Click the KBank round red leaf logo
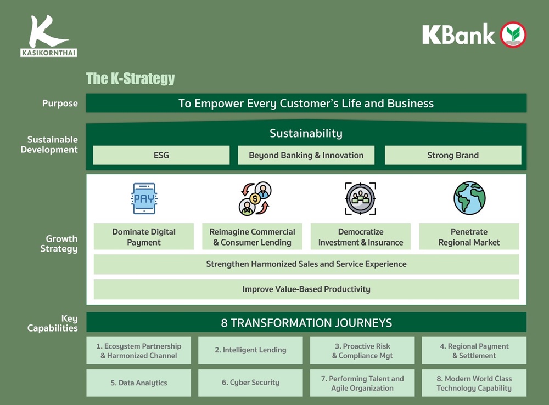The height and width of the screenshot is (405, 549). [513, 35]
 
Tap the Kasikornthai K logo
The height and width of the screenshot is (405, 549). [48, 36]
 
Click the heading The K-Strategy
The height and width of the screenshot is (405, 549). [130, 78]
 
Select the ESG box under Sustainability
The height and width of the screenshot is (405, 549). [161, 155]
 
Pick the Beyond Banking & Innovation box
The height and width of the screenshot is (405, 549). [306, 155]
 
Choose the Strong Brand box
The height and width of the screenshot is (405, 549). [453, 155]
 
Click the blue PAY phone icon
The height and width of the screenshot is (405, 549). [144, 198]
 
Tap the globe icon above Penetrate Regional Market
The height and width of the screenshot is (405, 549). [469, 198]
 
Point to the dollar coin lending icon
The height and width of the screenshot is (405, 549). [255, 198]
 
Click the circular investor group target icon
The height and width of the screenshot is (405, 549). [361, 198]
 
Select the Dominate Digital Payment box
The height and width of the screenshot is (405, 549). [144, 237]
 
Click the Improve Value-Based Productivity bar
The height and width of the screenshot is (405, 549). [306, 289]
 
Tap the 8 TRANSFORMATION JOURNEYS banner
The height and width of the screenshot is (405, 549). [306, 322]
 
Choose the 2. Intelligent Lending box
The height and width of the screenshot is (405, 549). [250, 350]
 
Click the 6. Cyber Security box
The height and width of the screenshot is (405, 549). [250, 383]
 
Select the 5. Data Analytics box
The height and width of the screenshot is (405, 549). [139, 383]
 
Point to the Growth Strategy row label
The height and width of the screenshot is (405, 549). [59, 243]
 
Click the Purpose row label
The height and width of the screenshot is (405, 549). [60, 104]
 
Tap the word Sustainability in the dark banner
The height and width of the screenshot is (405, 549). [306, 133]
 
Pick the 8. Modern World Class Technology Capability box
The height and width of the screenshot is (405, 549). [474, 383]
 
